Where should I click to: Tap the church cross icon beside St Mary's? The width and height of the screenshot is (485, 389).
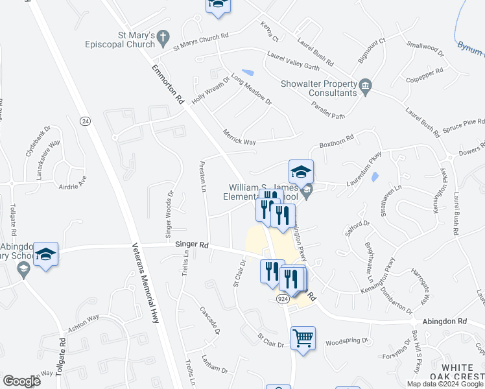point(162,36)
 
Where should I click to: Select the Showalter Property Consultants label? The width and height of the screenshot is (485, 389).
point(318,88)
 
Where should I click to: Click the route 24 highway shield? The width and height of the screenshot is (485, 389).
point(85,121)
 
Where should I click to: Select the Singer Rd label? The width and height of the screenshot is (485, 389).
point(191,244)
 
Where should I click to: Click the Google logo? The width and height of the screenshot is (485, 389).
point(21,381)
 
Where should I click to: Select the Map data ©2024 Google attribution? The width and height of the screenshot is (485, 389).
point(444,384)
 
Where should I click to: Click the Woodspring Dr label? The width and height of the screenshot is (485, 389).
point(346,342)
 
